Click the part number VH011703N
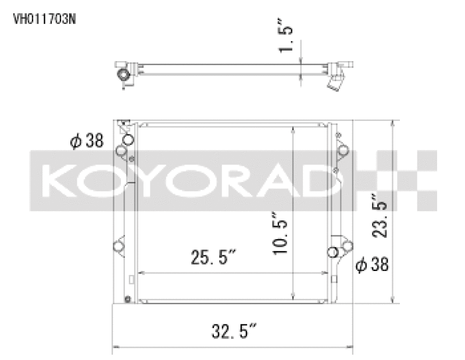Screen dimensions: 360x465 (x=45, y=18)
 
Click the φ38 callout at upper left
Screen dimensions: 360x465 (x=87, y=140)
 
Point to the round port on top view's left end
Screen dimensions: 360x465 (x=123, y=76)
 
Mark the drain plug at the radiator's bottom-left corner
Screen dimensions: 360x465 (x=126, y=300)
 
